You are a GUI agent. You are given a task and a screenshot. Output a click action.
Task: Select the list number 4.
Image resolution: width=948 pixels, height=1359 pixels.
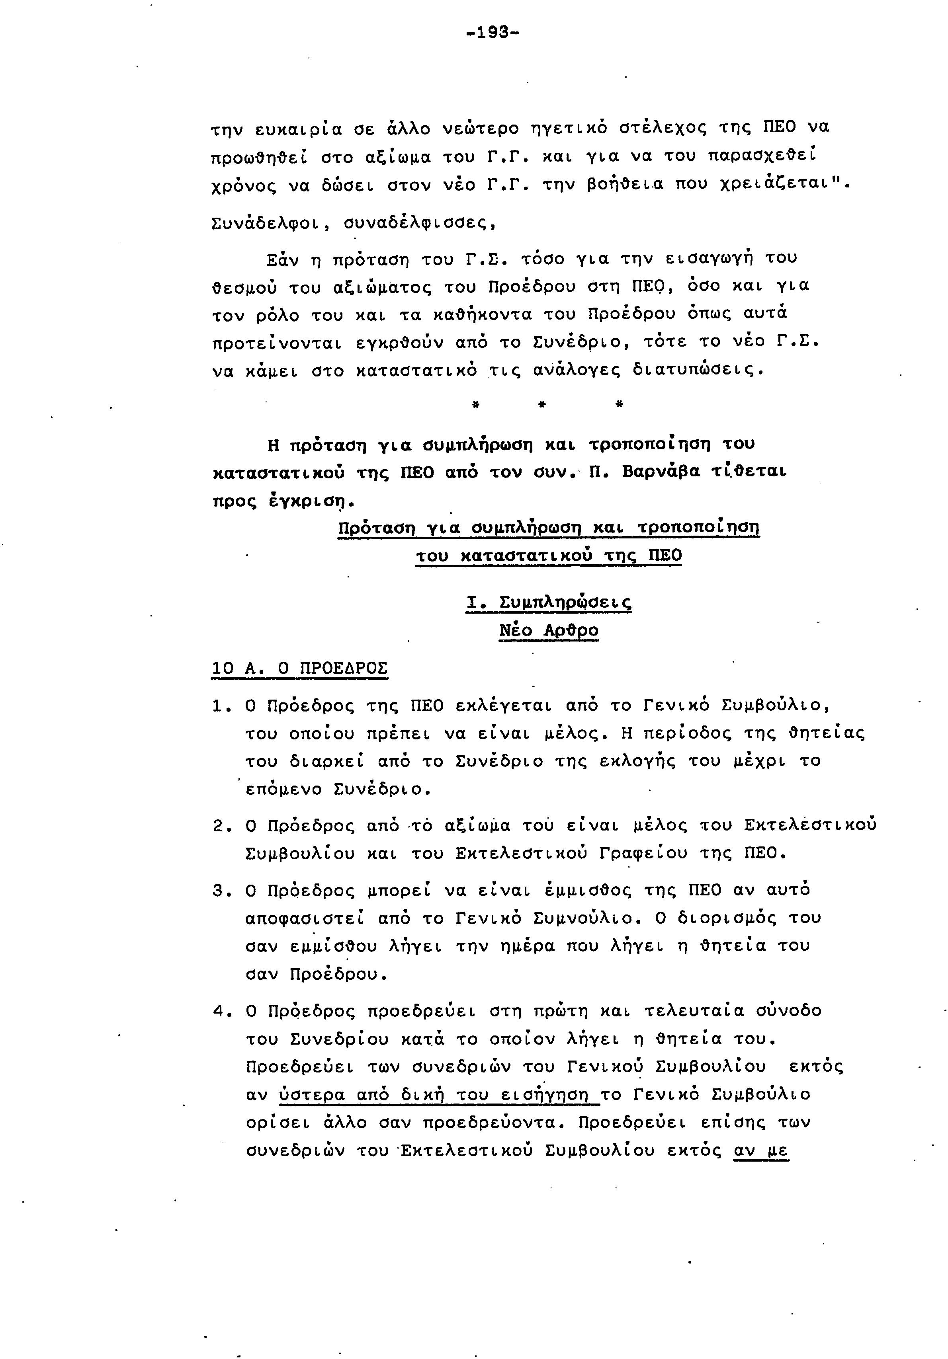220,1012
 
